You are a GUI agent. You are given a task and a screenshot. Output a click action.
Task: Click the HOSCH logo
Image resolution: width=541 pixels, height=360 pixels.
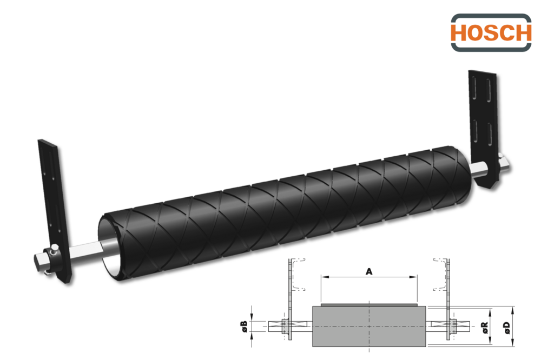491,33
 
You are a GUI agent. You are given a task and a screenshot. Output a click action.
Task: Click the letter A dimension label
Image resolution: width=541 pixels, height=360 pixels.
369,272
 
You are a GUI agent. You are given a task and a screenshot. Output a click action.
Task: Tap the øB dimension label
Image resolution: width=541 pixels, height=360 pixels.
244,326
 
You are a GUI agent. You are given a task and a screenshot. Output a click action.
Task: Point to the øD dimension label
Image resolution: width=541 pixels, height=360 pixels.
506,328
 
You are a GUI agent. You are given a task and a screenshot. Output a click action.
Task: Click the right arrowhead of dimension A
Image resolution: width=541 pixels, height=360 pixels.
413,277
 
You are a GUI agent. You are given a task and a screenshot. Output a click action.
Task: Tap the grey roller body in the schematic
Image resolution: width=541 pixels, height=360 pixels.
369,326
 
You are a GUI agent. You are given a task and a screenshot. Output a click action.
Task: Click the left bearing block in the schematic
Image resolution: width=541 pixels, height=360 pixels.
286,326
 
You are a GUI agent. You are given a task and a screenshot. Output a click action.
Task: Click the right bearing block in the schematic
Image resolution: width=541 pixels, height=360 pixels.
452,326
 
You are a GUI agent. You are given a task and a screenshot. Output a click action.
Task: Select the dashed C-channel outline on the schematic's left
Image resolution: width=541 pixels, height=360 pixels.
299,275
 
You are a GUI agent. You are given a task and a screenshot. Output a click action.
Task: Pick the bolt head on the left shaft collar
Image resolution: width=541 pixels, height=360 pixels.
54,248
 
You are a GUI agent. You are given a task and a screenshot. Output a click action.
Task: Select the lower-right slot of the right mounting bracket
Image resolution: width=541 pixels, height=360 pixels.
490,134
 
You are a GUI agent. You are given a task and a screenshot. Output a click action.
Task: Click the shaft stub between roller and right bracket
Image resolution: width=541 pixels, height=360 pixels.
478,170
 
